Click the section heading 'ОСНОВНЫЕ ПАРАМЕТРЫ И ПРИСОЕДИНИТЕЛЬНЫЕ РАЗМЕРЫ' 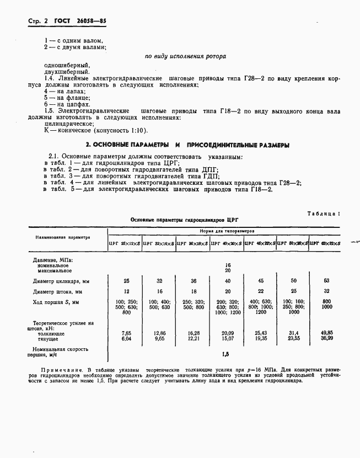pyautogui.click(x=190, y=145)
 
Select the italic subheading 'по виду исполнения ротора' pyautogui.click(x=185, y=56)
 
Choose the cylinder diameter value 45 pyautogui.click(x=261, y=280)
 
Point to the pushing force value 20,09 pyautogui.click(x=228, y=333)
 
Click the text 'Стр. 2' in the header pyautogui.click(x=38, y=21)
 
